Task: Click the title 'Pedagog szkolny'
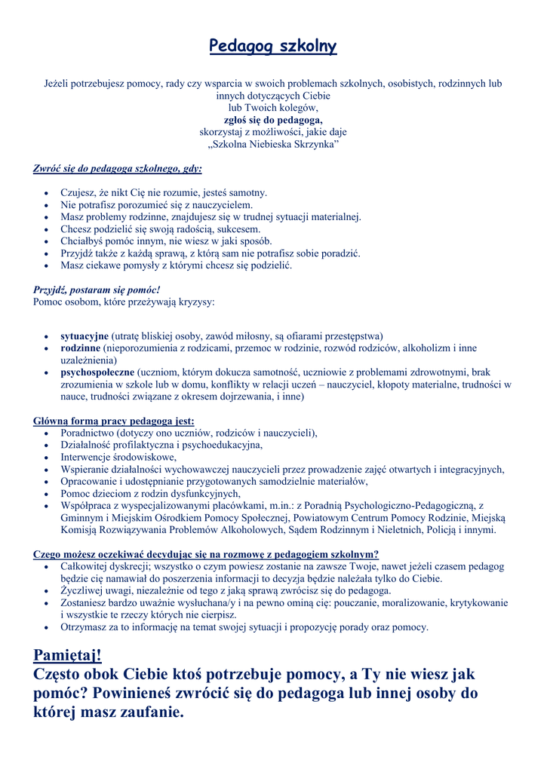pos(272,47)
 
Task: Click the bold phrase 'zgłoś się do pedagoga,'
pos(273,119)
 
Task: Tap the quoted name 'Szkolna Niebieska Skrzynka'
pos(273,143)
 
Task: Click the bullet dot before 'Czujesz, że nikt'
pos(48,194)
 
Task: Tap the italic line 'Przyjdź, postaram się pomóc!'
pos(97,289)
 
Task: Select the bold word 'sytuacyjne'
pos(85,336)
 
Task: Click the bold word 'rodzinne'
pos(80,348)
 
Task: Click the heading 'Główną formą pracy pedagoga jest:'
pos(114,421)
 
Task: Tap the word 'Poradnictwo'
pos(87,433)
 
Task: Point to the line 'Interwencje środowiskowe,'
pos(118,457)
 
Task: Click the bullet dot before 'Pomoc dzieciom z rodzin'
pos(48,494)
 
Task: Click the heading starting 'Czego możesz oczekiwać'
pos(206,554)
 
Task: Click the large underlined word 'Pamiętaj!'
pos(67,654)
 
